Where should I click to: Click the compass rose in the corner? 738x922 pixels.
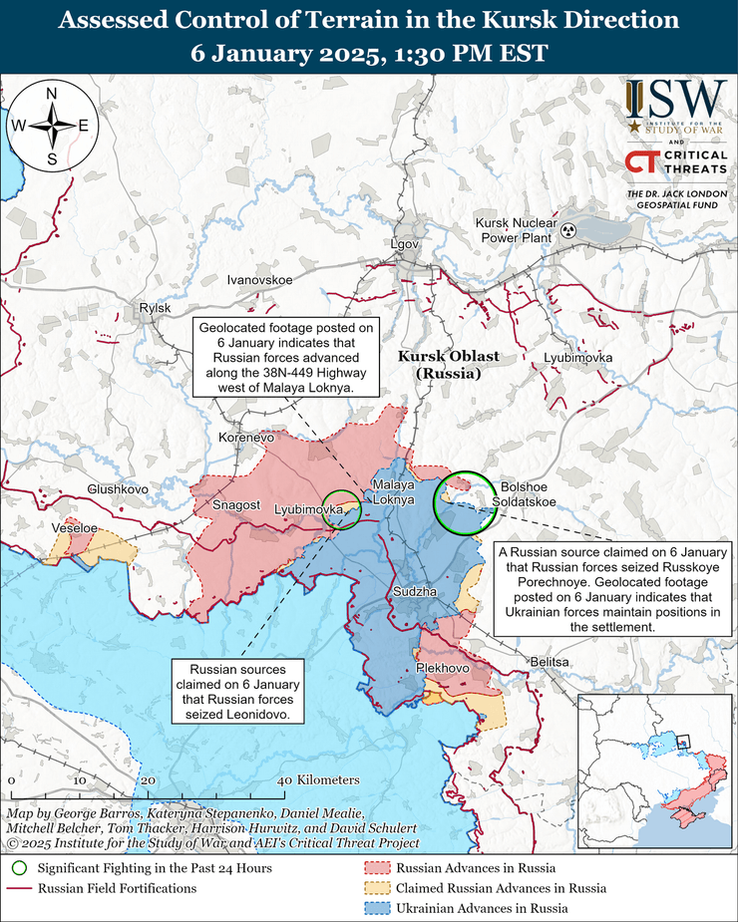click(x=51, y=126)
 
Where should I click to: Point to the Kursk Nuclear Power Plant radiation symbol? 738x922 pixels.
click(x=569, y=230)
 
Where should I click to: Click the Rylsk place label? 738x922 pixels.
click(x=156, y=309)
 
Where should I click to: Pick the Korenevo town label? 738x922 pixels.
click(x=245, y=437)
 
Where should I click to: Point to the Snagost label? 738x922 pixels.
click(x=235, y=506)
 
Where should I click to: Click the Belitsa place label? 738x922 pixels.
click(x=550, y=662)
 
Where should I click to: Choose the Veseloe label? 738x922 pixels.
click(x=75, y=527)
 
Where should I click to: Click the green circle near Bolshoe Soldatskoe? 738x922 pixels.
click(x=466, y=503)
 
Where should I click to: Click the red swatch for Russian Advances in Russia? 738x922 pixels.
click(x=376, y=868)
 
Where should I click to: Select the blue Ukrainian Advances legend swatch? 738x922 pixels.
click(x=376, y=908)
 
